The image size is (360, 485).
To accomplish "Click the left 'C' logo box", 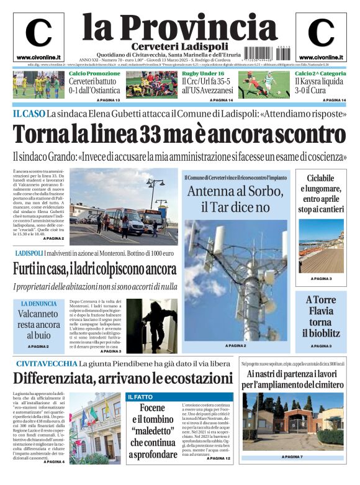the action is [38, 37].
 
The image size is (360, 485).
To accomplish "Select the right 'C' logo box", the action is [321, 37].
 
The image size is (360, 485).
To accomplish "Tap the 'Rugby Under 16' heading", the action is [203, 74].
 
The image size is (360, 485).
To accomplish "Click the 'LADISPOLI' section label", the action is [29, 253].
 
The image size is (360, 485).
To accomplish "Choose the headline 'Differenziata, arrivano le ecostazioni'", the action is [114, 377].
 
